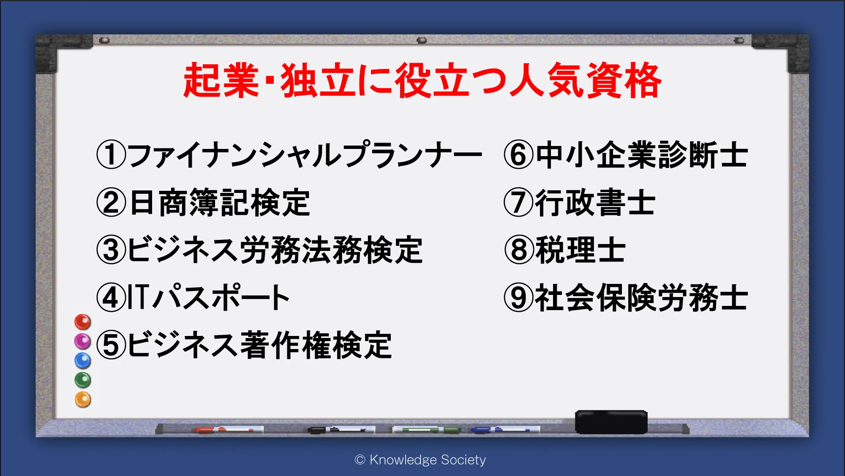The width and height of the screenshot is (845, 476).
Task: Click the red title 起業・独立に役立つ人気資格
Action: click(x=422, y=80)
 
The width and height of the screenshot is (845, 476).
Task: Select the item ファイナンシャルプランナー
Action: click(x=305, y=155)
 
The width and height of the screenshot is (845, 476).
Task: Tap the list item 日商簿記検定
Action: click(x=220, y=203)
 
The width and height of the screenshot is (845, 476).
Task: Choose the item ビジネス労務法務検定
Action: click(x=275, y=250)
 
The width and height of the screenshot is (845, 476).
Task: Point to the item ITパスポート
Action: click(x=208, y=297)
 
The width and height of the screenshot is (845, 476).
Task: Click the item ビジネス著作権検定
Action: click(x=260, y=345)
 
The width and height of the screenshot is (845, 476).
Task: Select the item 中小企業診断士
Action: click(x=642, y=155)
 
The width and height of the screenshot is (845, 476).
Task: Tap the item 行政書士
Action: click(x=595, y=203)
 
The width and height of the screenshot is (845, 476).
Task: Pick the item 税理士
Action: click(x=580, y=250)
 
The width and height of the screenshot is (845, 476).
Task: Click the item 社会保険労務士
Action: click(x=641, y=297)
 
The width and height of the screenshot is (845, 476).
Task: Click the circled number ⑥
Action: click(x=518, y=155)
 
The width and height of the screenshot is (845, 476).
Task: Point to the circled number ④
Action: click(x=111, y=297)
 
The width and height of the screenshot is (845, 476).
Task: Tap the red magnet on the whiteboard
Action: click(x=83, y=322)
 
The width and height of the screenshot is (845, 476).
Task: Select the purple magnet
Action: click(x=83, y=341)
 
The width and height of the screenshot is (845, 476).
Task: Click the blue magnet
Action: click(x=83, y=361)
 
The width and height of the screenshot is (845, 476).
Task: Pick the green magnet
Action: click(x=83, y=380)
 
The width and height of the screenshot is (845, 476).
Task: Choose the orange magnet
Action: click(x=83, y=399)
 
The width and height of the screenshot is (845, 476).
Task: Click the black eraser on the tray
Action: click(x=611, y=422)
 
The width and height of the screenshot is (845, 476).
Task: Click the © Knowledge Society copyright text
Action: click(x=420, y=460)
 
